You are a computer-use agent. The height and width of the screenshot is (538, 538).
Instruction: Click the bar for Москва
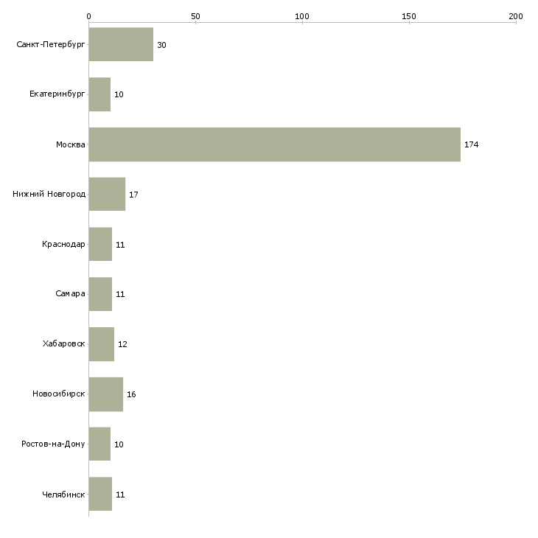pyautogui.click(x=274, y=144)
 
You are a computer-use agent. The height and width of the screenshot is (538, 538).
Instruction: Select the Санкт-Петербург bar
pyautogui.click(x=121, y=44)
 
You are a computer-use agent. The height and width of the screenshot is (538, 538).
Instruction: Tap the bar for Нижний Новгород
pyautogui.click(x=107, y=195)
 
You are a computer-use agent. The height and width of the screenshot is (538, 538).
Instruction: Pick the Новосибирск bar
pyautogui.click(x=106, y=394)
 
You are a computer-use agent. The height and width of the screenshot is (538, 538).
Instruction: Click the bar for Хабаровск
pyautogui.click(x=102, y=344)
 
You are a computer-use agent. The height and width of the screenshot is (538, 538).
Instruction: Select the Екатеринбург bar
pyautogui.click(x=99, y=94)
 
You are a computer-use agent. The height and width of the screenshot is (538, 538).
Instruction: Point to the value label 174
pyautogui.click(x=472, y=144)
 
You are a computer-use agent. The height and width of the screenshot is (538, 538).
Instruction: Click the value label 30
pyautogui.click(x=161, y=45)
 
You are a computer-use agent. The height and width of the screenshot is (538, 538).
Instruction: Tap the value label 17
pyautogui.click(x=133, y=195)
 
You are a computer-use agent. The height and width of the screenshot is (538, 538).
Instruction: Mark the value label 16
pyautogui.click(x=131, y=394)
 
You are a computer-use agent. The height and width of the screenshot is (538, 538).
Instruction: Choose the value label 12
pyautogui.click(x=122, y=344)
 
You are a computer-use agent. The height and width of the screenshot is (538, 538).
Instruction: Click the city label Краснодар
pyautogui.click(x=63, y=244)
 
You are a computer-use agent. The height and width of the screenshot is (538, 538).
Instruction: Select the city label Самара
pyautogui.click(x=70, y=294)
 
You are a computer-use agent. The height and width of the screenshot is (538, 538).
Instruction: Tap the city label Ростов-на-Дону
pyautogui.click(x=53, y=444)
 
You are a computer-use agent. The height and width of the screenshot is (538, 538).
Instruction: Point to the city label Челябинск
pyautogui.click(x=63, y=495)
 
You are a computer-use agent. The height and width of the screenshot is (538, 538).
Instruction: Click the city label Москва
pyautogui.click(x=71, y=144)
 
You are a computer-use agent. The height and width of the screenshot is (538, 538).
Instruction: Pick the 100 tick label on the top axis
pyautogui.click(x=302, y=16)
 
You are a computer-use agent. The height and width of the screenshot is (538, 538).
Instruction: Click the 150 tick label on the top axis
pyautogui.click(x=408, y=16)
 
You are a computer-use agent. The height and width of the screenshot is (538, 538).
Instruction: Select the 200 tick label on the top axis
pyautogui.click(x=516, y=16)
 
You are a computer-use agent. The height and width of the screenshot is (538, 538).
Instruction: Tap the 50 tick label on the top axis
pyautogui.click(x=195, y=16)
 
